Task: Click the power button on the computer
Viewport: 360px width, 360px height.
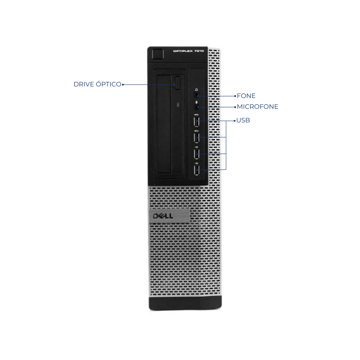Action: (158, 54)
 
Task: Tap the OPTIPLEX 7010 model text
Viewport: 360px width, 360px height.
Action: (188, 51)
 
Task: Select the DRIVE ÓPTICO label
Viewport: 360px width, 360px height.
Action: (97, 84)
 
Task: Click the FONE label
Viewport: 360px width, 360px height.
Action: (246, 96)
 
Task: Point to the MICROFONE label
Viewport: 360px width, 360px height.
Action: (257, 106)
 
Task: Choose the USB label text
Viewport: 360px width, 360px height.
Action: (243, 120)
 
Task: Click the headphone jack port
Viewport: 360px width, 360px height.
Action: (196, 94)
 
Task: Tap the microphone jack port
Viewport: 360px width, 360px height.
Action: (196, 107)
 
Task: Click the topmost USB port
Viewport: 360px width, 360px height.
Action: (196, 121)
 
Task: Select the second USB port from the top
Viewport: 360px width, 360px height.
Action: (196, 138)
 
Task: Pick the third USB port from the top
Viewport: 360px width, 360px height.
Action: (196, 154)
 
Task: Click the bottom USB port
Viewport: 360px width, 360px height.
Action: (196, 170)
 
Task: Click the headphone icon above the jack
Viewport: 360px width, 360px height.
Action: (196, 90)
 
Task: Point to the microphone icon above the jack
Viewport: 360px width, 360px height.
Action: (196, 102)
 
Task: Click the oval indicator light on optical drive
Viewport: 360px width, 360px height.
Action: (178, 105)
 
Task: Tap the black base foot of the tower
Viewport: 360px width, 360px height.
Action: (185, 303)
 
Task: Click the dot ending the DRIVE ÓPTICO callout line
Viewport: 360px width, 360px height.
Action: (123, 84)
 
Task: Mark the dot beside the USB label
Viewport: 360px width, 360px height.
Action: (235, 121)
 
